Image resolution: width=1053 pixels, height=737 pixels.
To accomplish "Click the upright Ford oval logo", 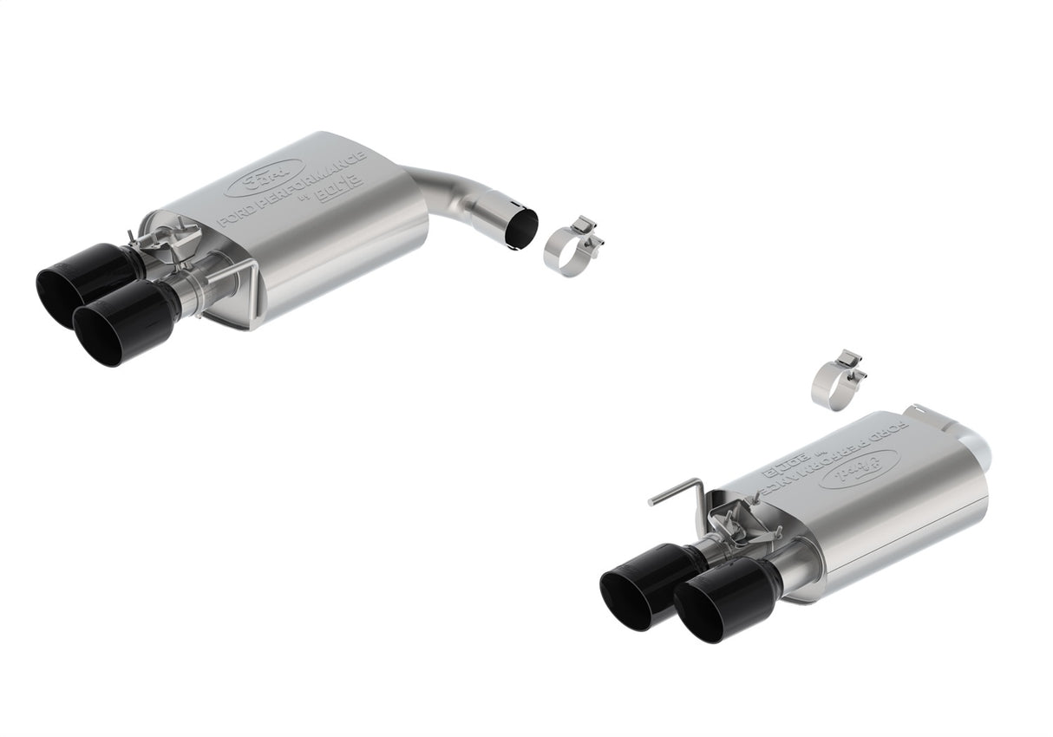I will [265, 178].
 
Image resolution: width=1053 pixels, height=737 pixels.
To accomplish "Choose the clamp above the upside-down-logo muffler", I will [834, 378].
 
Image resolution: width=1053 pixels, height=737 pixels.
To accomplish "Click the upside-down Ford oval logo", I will [858, 468].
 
